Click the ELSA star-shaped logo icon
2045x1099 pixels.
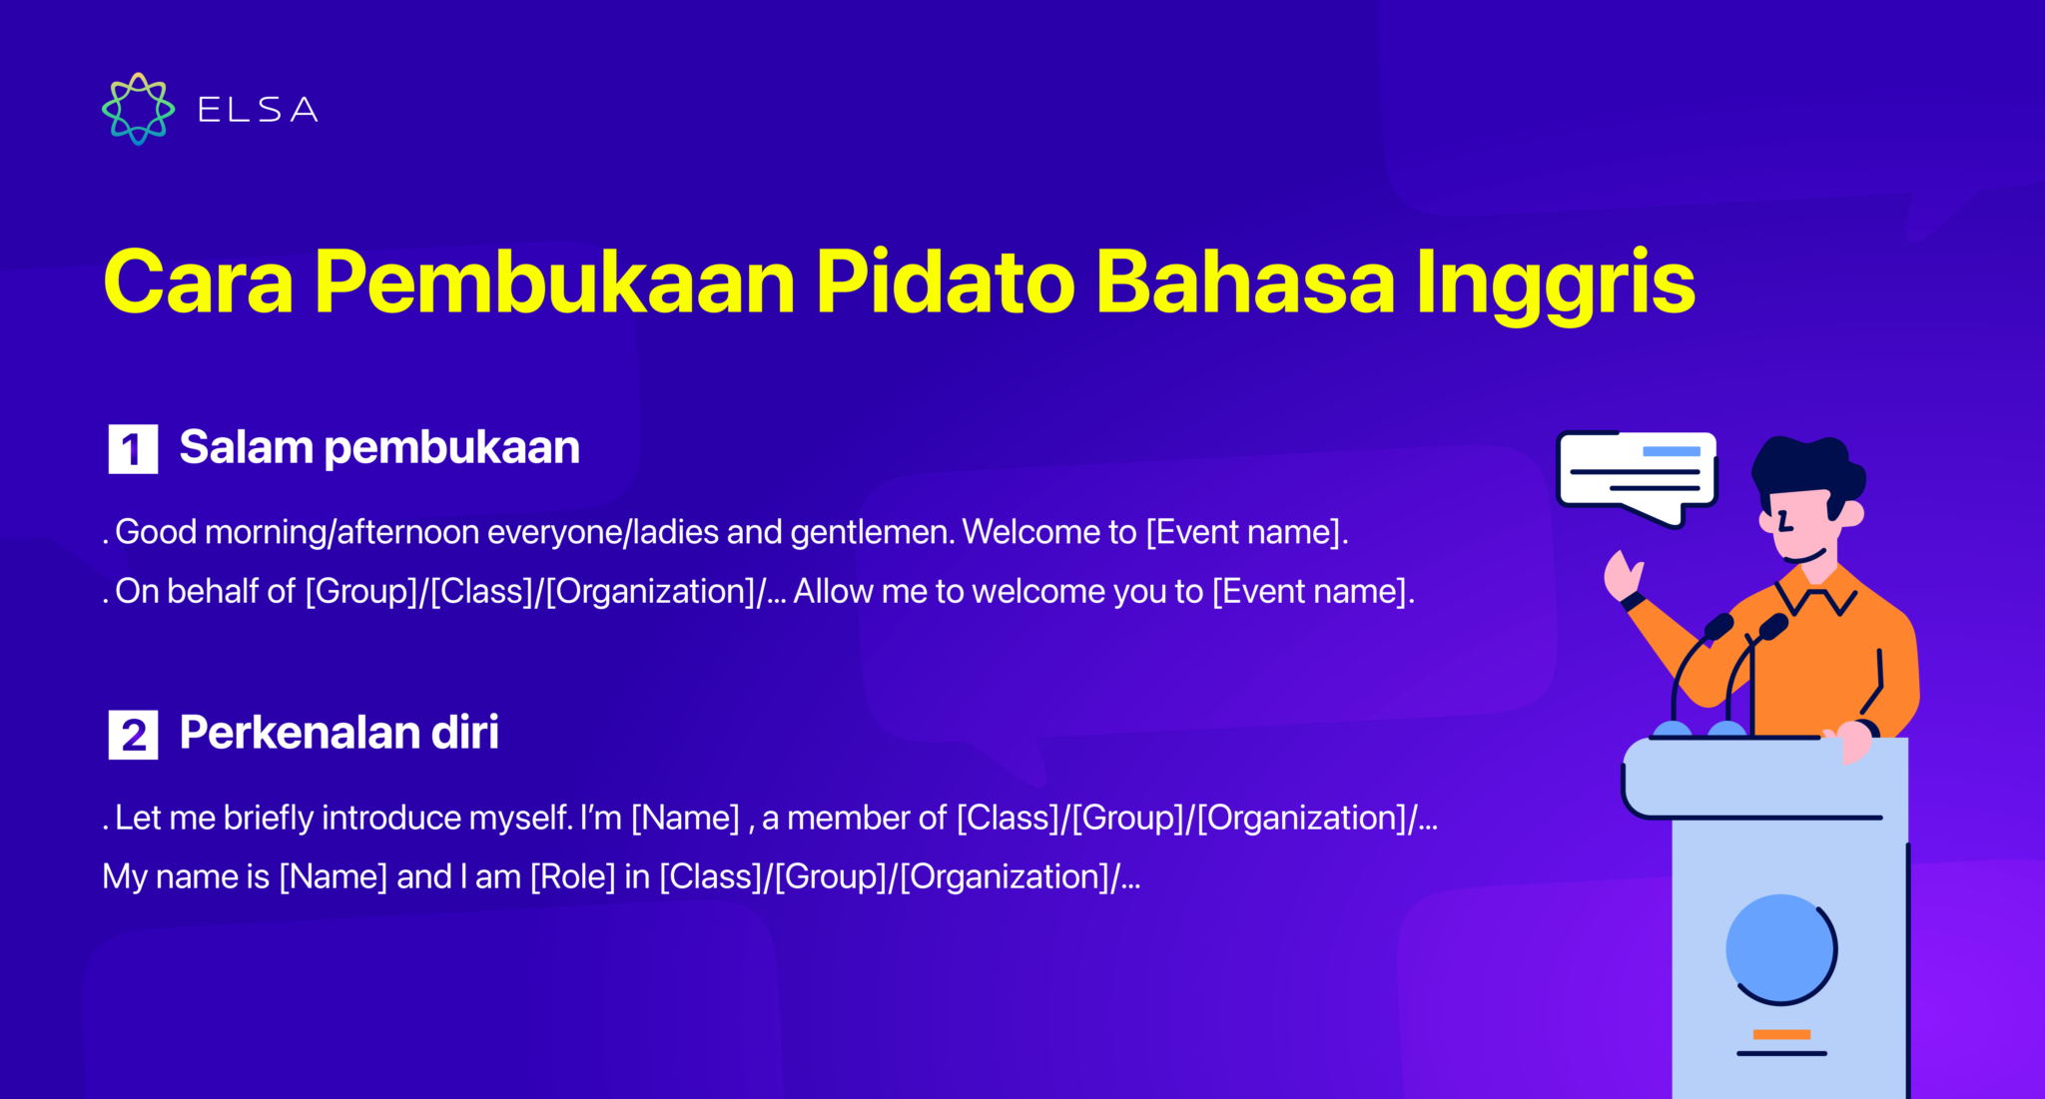pyautogui.click(x=138, y=109)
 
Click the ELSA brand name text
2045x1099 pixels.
pyautogui.click(x=258, y=110)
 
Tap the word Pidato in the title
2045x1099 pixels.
pyautogui.click(x=945, y=282)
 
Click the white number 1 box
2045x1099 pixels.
pyautogui.click(x=133, y=449)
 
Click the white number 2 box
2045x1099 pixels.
pyautogui.click(x=133, y=736)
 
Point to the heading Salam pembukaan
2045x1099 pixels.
pyautogui.click(x=379, y=447)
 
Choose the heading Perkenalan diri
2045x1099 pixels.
pyautogui.click(x=339, y=733)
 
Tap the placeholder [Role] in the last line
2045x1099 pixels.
pyautogui.click(x=572, y=876)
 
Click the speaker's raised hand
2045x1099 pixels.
pyautogui.click(x=1622, y=575)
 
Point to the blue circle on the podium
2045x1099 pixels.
pyautogui.click(x=1779, y=948)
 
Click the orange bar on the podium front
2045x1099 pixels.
pyautogui.click(x=1781, y=1034)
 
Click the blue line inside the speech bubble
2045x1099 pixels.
pyautogui.click(x=1671, y=451)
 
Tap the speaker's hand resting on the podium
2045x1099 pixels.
pyautogui.click(x=1853, y=741)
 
